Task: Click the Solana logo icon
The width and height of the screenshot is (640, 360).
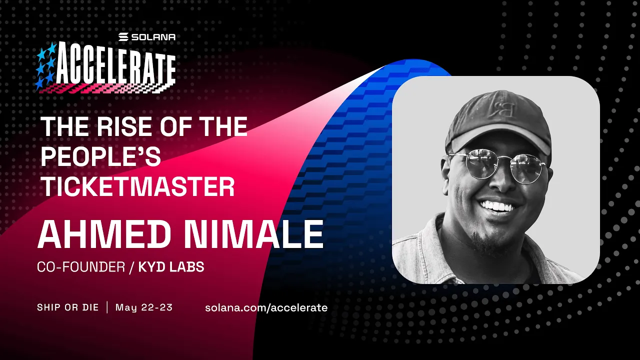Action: coord(123,37)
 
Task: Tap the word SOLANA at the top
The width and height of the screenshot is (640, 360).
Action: coord(153,37)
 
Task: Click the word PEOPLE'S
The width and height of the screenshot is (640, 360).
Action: coord(100,157)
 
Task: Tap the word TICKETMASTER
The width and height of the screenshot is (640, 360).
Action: coord(137,187)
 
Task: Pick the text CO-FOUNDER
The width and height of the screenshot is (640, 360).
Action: coord(80,267)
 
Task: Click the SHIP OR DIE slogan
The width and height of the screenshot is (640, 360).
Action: coord(67,307)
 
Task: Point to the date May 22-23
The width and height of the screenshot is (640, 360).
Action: coord(144,307)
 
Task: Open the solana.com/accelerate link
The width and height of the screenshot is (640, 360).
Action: coord(266,307)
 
